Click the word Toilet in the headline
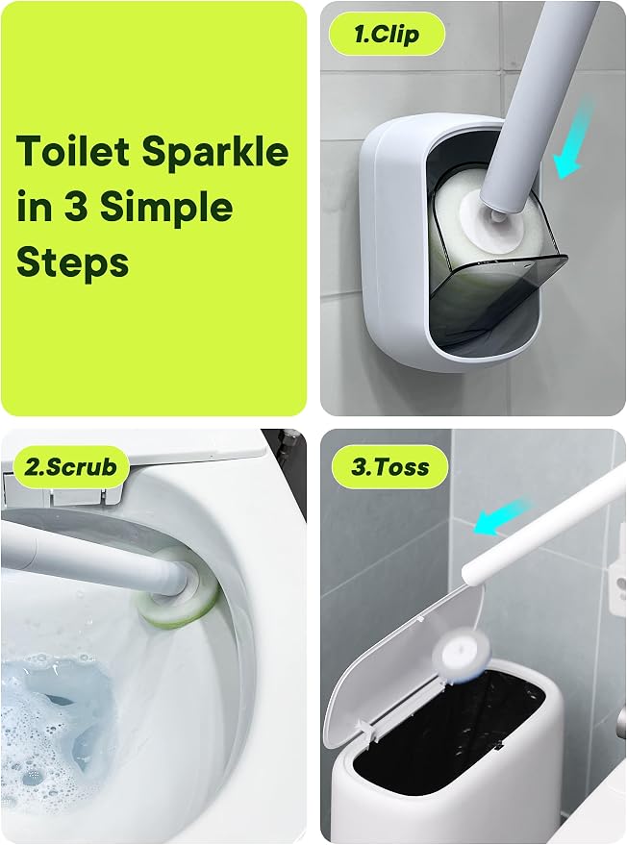click(73, 151)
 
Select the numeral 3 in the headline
click(76, 207)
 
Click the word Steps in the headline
click(73, 263)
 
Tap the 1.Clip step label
click(387, 35)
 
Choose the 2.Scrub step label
click(70, 466)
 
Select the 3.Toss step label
click(389, 466)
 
